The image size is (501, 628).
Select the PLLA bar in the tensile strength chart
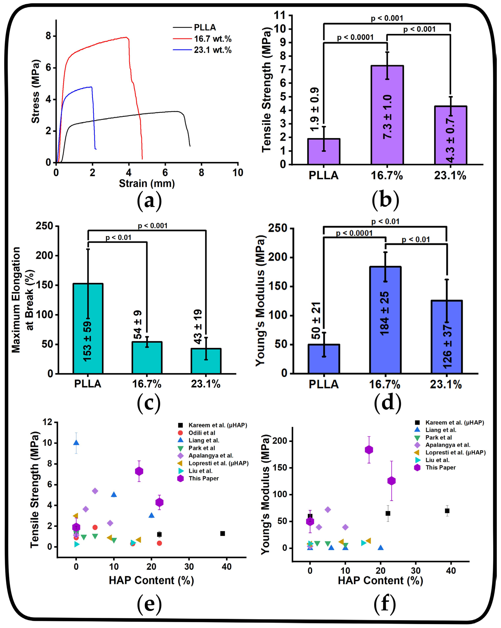(323, 151)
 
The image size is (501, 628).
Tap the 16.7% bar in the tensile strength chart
(387, 115)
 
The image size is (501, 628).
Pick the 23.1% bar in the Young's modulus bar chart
(447, 337)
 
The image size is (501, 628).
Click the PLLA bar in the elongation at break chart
(88, 328)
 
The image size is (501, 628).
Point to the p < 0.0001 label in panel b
(355, 37)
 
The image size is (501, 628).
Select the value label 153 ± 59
(87, 341)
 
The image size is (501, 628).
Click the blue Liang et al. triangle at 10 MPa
(76, 443)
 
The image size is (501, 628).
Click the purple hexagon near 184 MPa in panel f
(369, 450)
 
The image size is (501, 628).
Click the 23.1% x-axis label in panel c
(206, 384)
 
